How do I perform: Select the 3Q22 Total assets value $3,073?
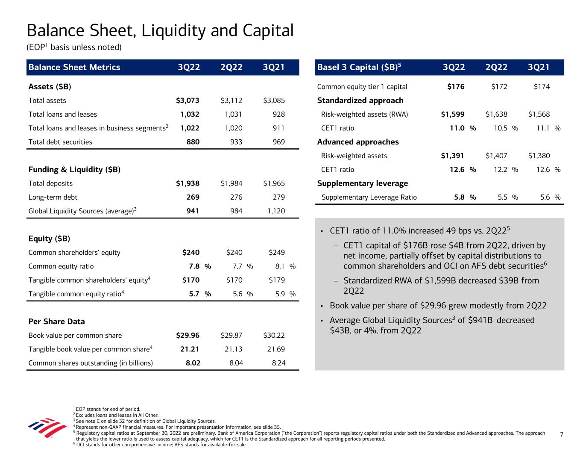point(187,101)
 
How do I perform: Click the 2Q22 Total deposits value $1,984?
point(231,183)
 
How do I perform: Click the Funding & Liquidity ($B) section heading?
point(74,170)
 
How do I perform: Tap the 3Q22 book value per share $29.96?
point(187,336)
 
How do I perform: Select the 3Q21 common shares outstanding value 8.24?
point(278,363)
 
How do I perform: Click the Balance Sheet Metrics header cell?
point(74,68)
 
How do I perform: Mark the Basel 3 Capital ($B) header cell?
point(359,67)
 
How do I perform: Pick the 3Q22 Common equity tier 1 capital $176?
point(456,87)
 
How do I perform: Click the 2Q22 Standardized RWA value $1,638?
point(496,115)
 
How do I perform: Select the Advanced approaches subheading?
point(358,142)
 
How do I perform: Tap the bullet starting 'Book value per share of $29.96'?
point(438,306)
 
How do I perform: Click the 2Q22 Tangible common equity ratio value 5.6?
point(237,294)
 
